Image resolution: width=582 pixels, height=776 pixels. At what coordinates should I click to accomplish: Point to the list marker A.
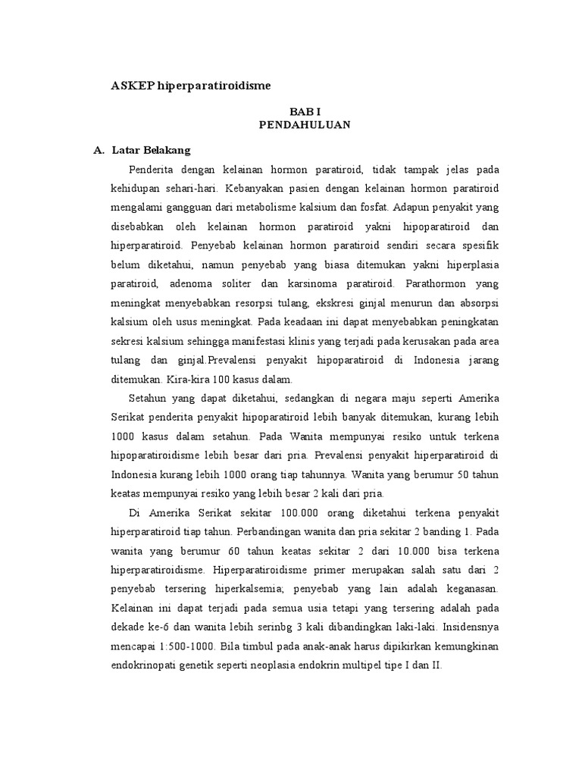(x=98, y=150)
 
